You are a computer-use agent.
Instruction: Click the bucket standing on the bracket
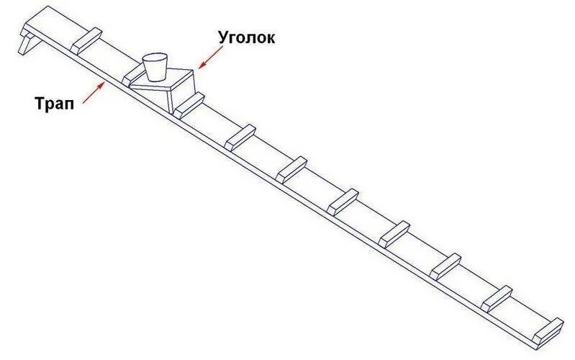coord(155,66)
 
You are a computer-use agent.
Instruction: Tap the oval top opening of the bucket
coord(155,57)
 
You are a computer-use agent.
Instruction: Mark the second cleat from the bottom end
coord(497,297)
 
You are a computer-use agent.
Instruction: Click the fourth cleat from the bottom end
coord(394,232)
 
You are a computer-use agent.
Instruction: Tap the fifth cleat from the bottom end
coord(343,200)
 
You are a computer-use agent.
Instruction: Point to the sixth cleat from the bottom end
coord(291,168)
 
